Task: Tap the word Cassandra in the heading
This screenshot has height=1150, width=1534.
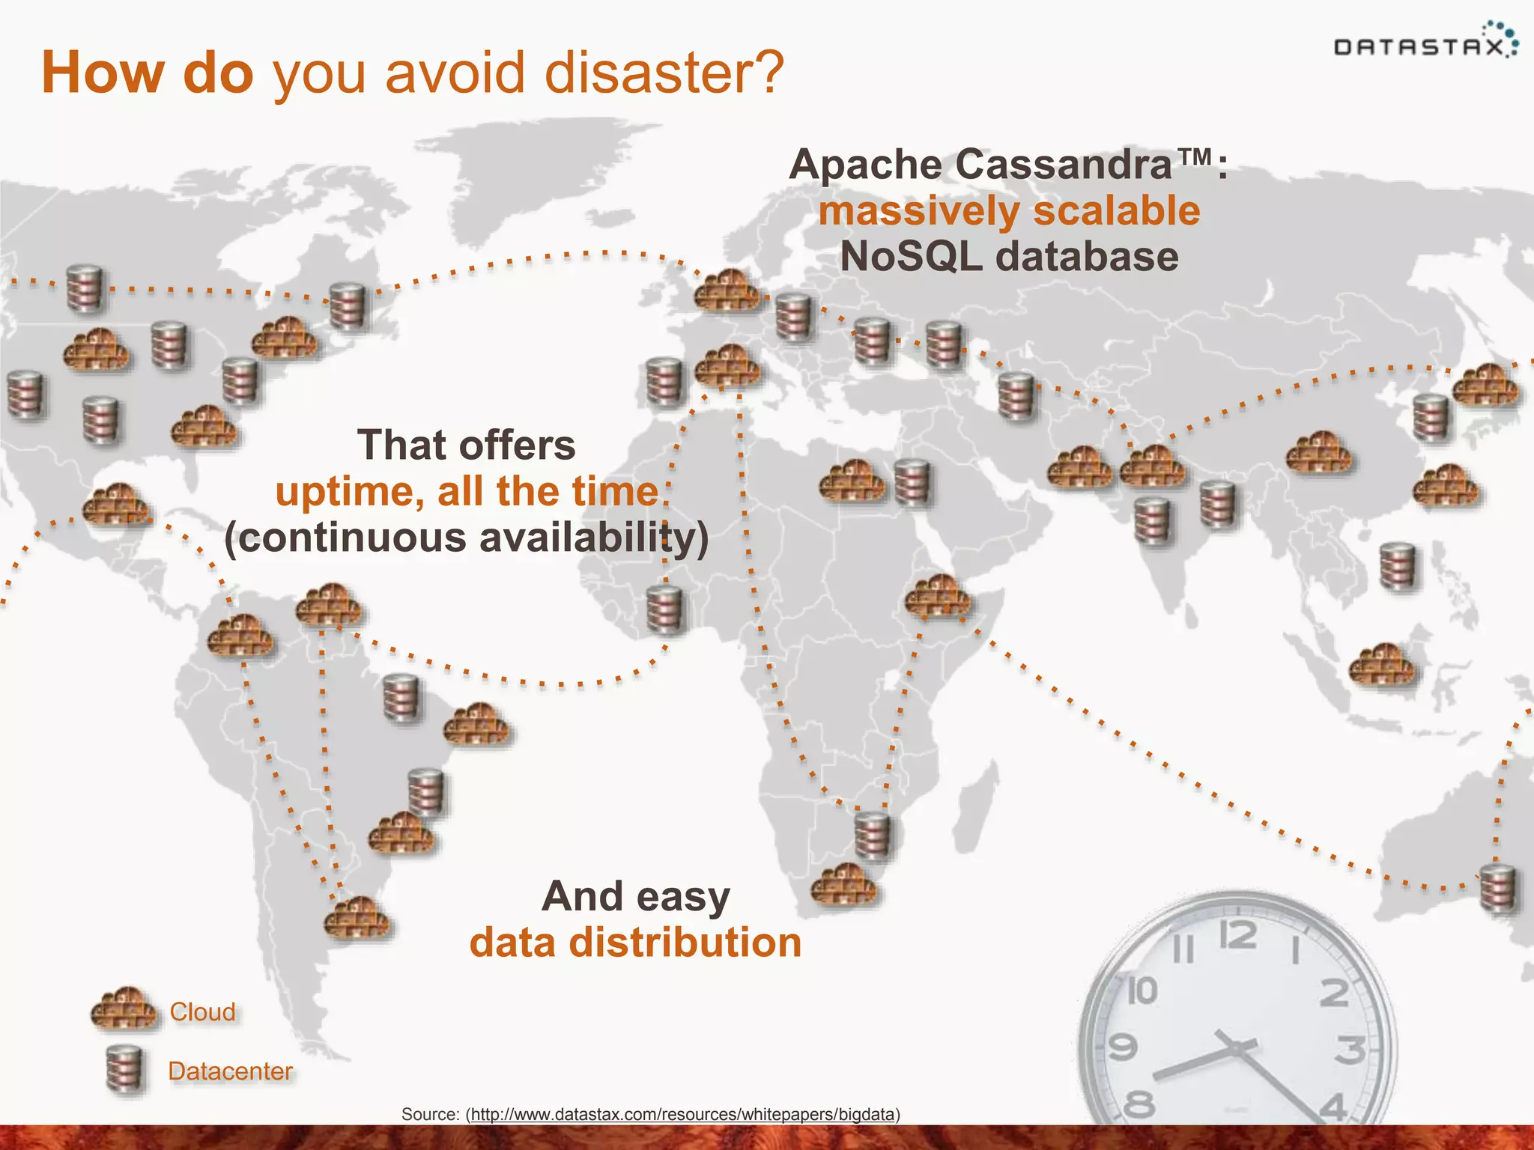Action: point(1064,165)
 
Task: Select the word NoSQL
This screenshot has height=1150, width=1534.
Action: point(911,257)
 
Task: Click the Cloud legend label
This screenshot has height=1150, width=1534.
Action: point(202,1012)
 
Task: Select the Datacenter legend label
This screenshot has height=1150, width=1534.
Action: point(230,1071)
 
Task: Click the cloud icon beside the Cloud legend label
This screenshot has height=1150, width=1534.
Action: point(124,1011)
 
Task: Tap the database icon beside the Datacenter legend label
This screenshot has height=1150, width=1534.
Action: point(124,1070)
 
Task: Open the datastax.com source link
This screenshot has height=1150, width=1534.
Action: point(682,1114)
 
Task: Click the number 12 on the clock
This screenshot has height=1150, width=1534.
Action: point(1237,937)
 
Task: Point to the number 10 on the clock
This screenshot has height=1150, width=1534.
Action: point(1142,991)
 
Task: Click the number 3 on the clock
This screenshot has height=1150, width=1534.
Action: point(1350,1050)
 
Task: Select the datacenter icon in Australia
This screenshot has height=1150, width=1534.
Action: point(1498,889)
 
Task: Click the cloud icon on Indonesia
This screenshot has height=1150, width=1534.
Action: point(1382,665)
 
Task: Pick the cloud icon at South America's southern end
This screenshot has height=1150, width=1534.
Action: point(357,918)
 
